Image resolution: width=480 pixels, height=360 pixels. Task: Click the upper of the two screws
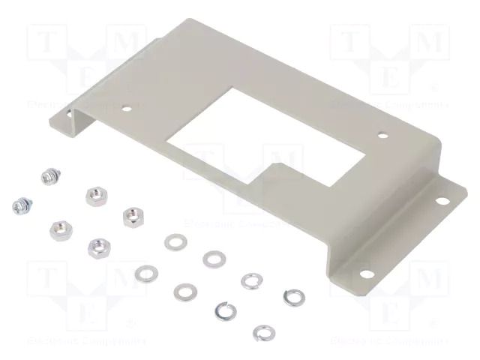click(46, 177)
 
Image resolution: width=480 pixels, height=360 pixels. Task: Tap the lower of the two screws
click(20, 203)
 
